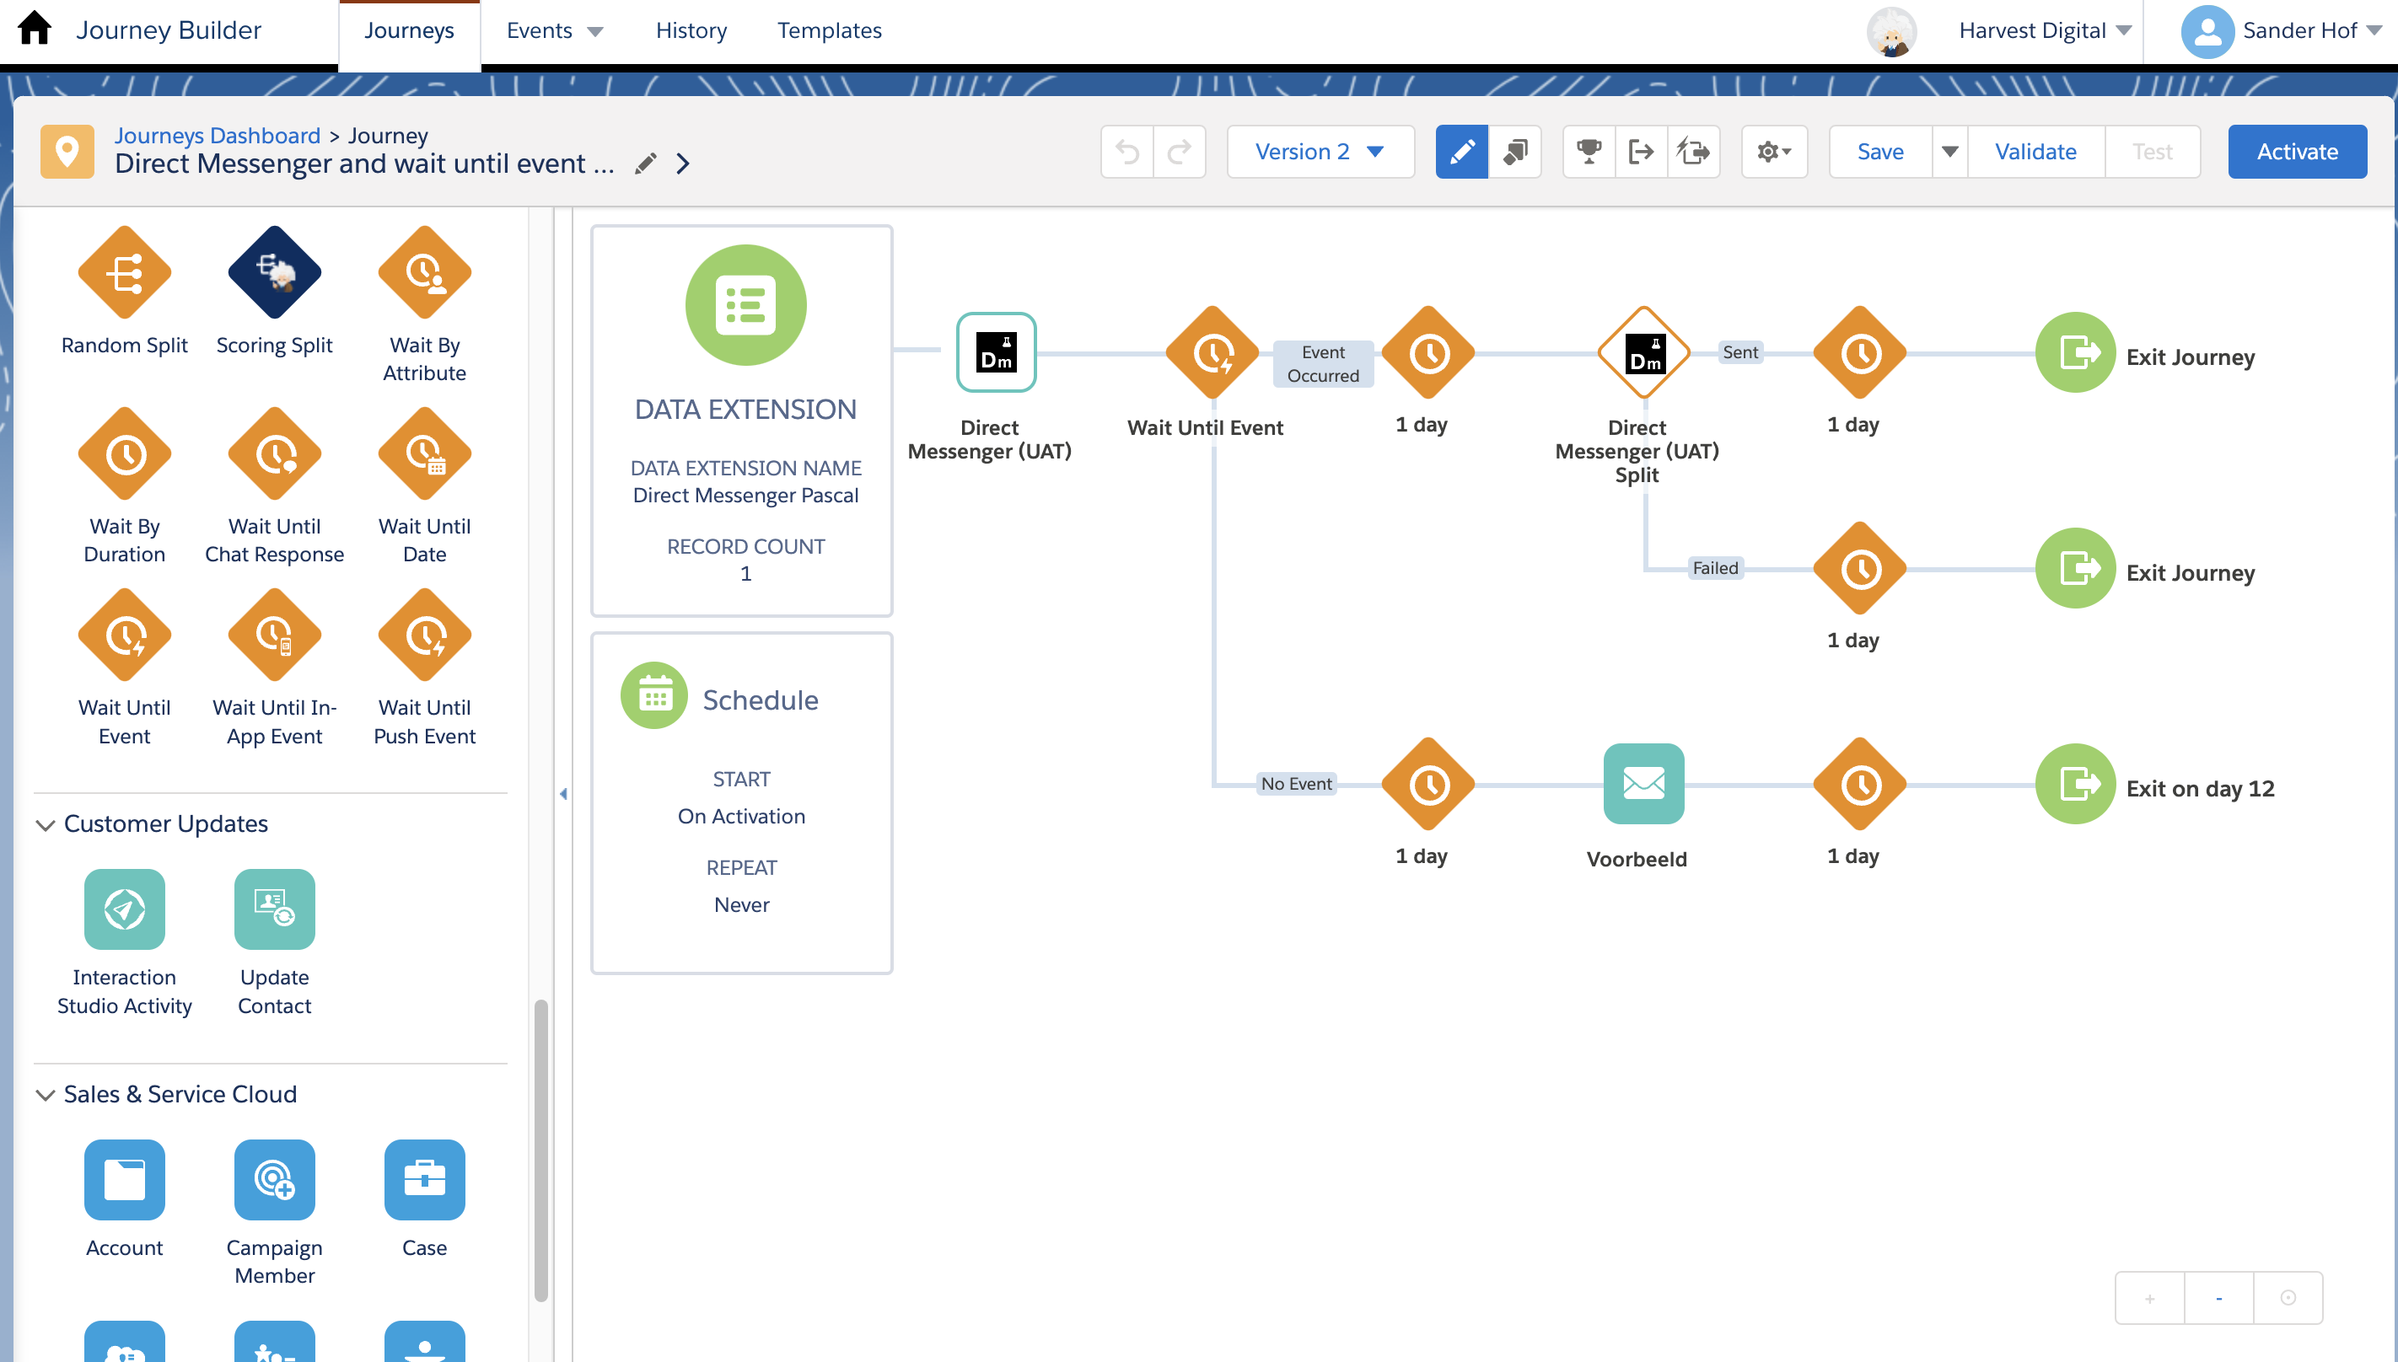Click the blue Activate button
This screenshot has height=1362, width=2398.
coord(2297,152)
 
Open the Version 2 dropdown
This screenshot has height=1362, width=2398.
coord(1320,152)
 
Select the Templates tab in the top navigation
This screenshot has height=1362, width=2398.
coord(829,31)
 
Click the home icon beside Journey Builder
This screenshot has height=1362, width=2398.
coord(35,28)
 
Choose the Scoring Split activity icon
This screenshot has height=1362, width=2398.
coord(274,272)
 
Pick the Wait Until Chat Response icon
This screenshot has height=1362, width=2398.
coord(274,453)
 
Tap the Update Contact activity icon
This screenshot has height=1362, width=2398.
coord(274,909)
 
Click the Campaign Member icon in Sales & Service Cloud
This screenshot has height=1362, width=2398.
coord(274,1180)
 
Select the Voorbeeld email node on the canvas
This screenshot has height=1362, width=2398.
coord(1643,784)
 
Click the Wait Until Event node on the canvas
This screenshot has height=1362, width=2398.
coord(1212,352)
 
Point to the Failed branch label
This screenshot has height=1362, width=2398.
coord(1715,568)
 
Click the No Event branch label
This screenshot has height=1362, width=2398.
coord(1296,784)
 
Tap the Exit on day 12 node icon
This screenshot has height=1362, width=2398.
coord(2075,784)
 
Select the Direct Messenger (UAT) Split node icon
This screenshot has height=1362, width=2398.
coord(1643,352)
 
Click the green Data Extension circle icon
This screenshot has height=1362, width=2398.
coord(745,305)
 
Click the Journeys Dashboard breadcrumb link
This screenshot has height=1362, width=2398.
coord(217,136)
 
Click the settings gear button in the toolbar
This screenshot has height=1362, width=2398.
coord(1774,152)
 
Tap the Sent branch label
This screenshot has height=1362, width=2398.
coord(1740,352)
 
